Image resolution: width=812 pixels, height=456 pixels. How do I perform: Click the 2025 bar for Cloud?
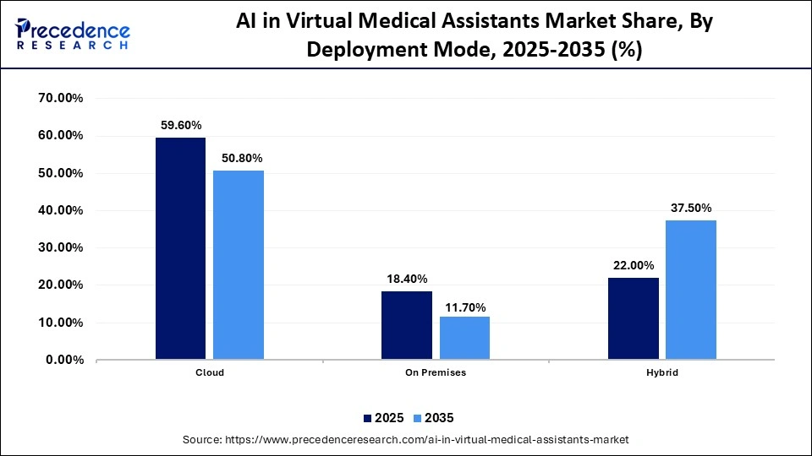(x=181, y=248)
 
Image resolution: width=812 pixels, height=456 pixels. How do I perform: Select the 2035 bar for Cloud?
(x=239, y=265)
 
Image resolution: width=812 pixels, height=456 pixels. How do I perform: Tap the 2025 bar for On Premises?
(x=407, y=325)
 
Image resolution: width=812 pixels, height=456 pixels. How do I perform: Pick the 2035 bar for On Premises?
(x=464, y=338)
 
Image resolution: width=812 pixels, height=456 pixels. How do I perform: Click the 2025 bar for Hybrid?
(x=634, y=318)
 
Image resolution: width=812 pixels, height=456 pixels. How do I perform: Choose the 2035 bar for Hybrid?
(x=691, y=290)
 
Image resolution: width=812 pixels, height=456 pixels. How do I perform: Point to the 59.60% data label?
(x=181, y=124)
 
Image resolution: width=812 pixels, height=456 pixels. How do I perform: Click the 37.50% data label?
(x=692, y=208)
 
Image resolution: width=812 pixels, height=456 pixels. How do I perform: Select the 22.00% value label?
(x=634, y=265)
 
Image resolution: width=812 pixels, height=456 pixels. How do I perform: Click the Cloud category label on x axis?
(x=209, y=372)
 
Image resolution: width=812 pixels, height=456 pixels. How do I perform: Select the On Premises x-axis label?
(x=436, y=372)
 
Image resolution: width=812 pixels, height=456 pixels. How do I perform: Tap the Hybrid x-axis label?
(x=662, y=372)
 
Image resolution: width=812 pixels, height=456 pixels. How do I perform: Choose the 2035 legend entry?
(x=435, y=418)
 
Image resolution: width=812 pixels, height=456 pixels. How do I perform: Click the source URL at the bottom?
(x=406, y=440)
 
